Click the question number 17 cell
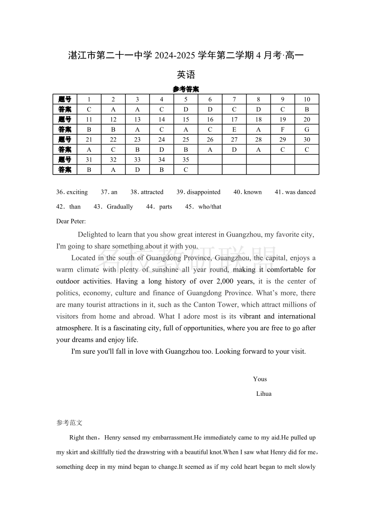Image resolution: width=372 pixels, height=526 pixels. tap(234, 119)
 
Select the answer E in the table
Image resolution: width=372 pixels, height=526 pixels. tap(234, 129)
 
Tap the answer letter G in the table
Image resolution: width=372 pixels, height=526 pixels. tap(307, 129)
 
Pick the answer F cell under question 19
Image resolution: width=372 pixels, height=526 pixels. tap(283, 129)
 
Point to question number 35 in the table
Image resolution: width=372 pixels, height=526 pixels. tap(186, 160)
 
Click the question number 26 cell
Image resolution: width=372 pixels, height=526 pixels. tap(210, 140)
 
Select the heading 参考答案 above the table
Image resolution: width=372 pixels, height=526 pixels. tap(186, 89)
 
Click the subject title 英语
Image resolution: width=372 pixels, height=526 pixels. tap(186, 74)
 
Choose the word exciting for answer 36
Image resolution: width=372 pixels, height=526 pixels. tap(77, 192)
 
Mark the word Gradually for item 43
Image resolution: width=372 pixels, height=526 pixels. tap(120, 207)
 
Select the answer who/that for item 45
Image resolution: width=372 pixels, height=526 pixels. tap(210, 207)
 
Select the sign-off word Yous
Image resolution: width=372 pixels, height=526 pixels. tap(260, 379)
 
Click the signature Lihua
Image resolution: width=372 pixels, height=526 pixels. tap(264, 393)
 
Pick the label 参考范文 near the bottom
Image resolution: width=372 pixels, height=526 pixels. tap(69, 422)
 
